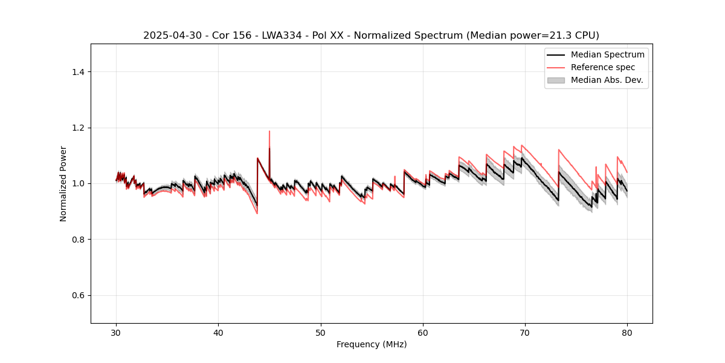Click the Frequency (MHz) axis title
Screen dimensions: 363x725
point(372,344)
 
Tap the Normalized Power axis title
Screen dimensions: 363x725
point(63,183)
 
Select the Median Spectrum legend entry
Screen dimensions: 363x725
point(607,54)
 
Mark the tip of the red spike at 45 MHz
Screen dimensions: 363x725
point(269,131)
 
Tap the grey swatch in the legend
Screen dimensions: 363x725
point(556,80)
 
